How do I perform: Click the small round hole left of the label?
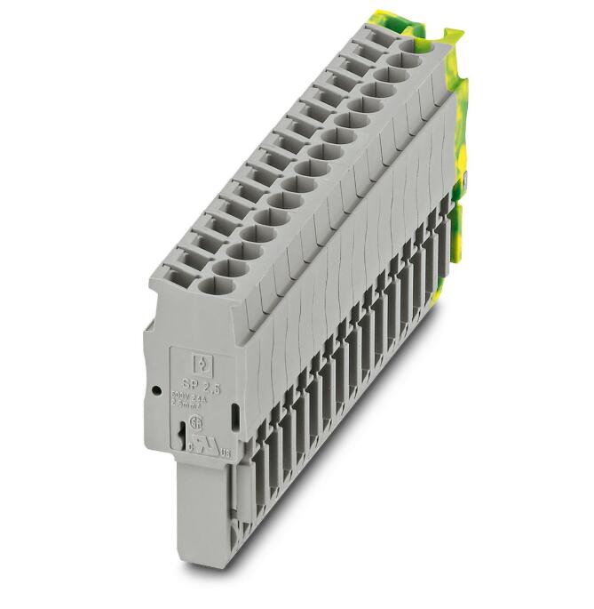tap(156, 389)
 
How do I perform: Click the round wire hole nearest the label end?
tap(213, 284)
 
